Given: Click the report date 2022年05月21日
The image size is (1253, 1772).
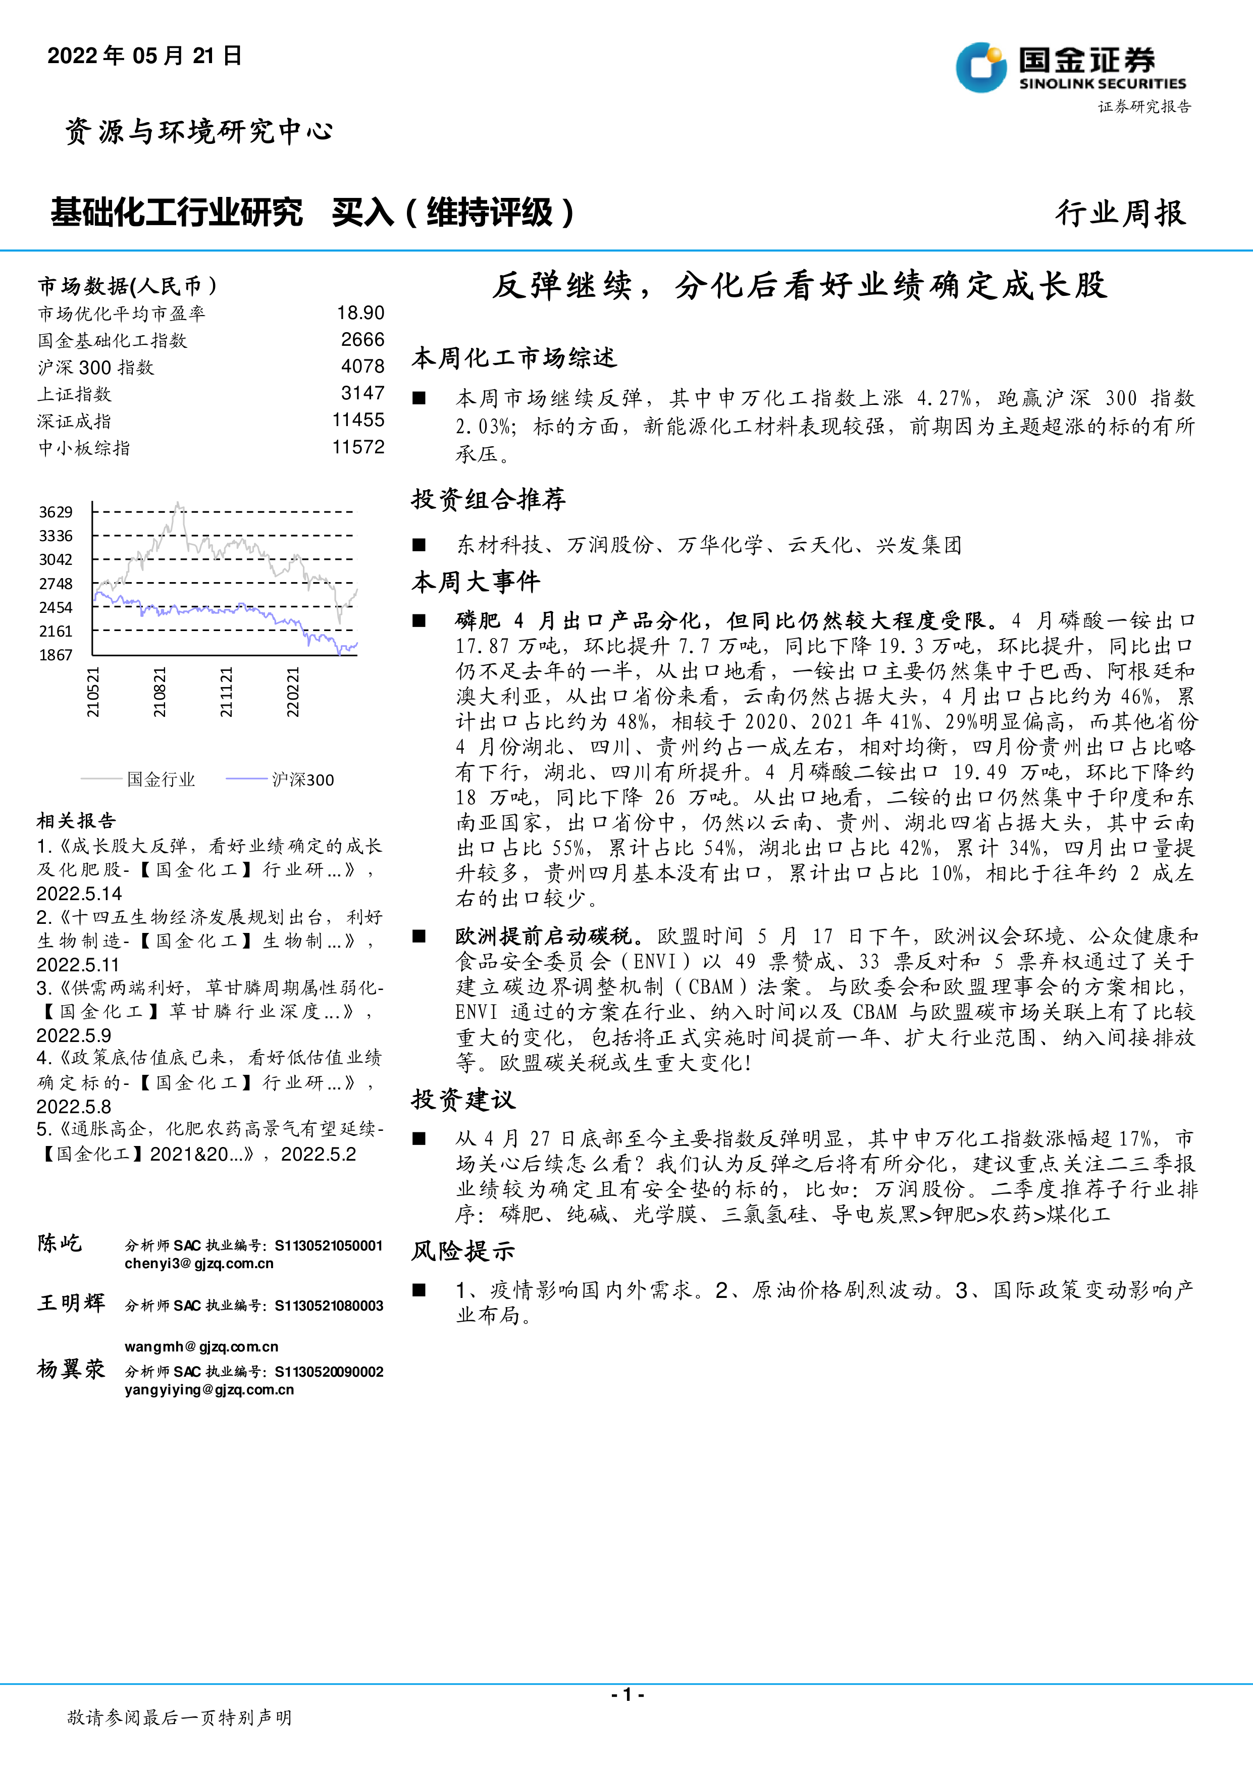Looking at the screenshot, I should pos(144,56).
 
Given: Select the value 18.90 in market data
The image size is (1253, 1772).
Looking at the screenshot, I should pos(360,312).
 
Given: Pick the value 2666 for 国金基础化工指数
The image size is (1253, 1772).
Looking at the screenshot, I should pos(362,340).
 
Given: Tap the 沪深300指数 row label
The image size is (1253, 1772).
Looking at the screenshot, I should pos(96,368).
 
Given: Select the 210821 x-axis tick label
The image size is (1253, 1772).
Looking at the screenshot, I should pos(159,692).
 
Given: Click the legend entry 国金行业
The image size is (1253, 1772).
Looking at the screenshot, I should pos(161,779).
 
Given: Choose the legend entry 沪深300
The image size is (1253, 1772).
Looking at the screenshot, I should pos(302,779).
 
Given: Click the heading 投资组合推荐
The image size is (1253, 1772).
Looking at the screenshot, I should pos(488,499).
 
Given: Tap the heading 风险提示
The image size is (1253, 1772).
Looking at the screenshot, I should pos(463,1251).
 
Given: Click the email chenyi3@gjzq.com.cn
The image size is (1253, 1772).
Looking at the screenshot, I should pos(199,1264).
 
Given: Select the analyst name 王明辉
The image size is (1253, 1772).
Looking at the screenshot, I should pos(71,1303).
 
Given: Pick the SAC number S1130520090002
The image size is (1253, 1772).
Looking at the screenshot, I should pos(330,1372).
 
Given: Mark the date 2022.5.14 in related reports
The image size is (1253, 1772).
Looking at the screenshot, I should pos(79,894).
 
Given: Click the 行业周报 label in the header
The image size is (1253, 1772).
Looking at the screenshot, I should pos(1120,213).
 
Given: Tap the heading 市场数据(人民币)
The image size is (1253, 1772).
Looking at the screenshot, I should pos(127,286).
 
